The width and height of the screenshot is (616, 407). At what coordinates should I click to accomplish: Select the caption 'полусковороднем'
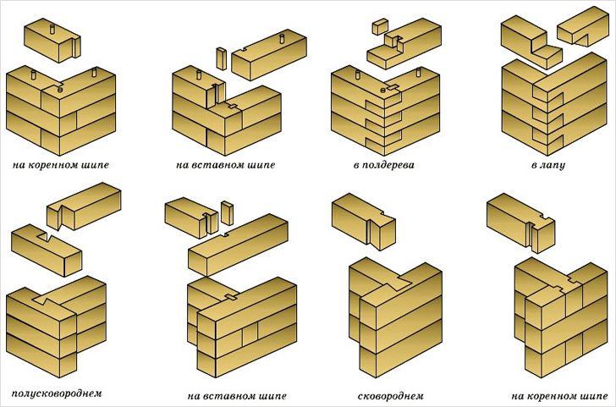tap(57, 393)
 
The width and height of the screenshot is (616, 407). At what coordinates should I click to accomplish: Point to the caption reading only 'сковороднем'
tap(390, 395)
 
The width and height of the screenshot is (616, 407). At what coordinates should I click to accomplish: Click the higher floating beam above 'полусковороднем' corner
tap(85, 208)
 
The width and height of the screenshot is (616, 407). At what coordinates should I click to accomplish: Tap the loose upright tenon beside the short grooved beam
tap(227, 212)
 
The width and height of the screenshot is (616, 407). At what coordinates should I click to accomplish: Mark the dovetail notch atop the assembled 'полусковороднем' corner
tap(42, 297)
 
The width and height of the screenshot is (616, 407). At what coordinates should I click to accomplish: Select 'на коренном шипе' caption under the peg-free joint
tap(554, 395)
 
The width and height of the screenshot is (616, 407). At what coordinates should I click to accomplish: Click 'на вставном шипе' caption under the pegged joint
tap(226, 163)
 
